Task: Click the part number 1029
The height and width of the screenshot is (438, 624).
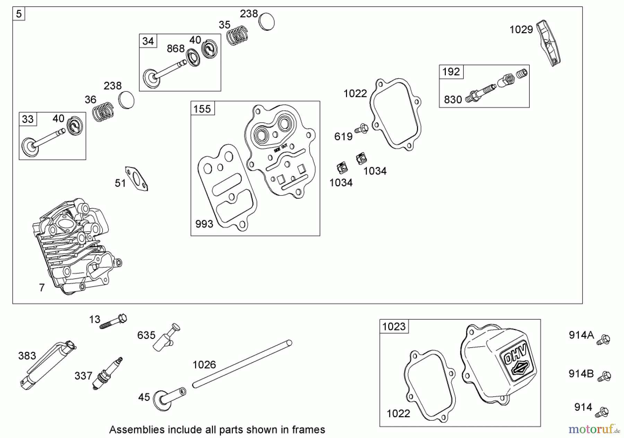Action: (521, 30)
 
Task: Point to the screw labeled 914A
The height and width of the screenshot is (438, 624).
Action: (604, 340)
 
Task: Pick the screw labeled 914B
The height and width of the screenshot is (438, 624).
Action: (605, 376)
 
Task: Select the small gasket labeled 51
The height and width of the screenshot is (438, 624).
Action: (137, 178)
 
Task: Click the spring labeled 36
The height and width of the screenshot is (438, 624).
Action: (103, 111)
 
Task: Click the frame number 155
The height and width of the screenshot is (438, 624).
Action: (202, 109)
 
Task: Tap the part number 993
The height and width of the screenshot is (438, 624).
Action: (204, 224)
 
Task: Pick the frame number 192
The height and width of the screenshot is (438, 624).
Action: (451, 72)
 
